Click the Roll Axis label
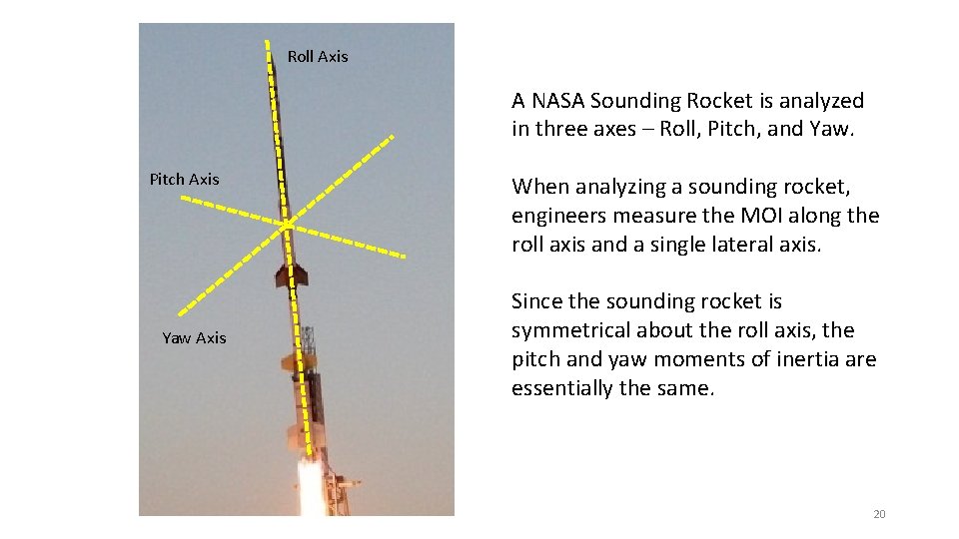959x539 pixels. [318, 57]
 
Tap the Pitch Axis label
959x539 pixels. [184, 180]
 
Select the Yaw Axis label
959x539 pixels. [194, 338]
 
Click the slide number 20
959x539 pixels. [879, 514]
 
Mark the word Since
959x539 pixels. [537, 301]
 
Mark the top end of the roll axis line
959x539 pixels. [267, 42]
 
